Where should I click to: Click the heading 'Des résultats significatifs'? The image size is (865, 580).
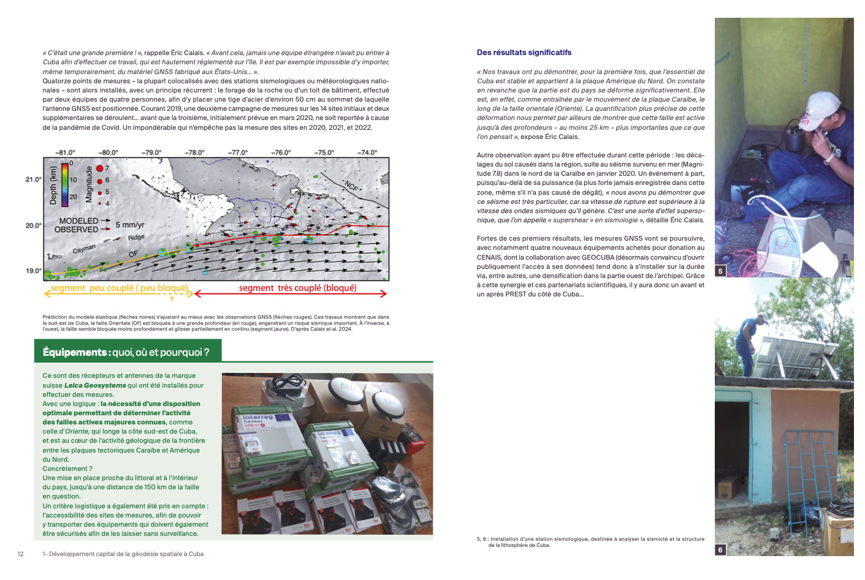[x=524, y=53]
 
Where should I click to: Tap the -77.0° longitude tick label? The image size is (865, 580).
[x=238, y=153]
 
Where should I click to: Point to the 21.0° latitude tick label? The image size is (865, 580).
[x=34, y=179]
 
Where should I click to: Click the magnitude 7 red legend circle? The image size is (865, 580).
[x=99, y=168]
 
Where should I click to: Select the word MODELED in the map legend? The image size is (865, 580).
[x=78, y=220]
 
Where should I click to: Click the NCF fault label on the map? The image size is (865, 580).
[x=351, y=186]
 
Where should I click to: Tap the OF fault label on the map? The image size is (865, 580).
[x=133, y=254]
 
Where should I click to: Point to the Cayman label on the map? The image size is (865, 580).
[x=84, y=249]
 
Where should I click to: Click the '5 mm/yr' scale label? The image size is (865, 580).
[x=130, y=225]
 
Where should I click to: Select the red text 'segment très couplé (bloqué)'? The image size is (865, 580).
[x=297, y=288]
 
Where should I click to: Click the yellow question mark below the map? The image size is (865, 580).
[x=172, y=299]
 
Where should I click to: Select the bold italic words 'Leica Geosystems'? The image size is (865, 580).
[x=95, y=385]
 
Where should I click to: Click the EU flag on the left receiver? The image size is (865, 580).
[x=283, y=418]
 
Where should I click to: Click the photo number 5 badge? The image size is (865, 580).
[x=720, y=271]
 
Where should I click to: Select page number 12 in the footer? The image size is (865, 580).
[x=20, y=554]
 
